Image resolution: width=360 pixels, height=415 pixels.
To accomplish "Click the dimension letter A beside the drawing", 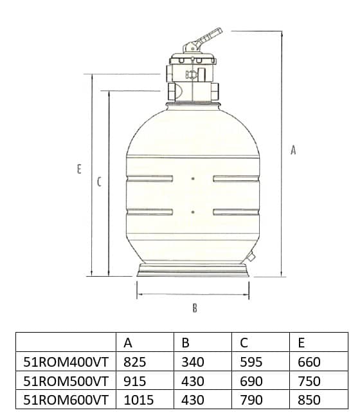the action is [293, 150].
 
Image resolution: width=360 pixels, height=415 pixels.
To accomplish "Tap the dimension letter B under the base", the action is [195, 308].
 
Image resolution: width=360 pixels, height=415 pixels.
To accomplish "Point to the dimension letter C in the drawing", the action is [99, 182].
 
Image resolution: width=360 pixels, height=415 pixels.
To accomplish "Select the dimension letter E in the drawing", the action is [79, 169].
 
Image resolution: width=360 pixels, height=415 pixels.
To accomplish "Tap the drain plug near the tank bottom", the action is [250, 256].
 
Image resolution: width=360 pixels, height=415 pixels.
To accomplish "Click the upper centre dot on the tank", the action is [193, 179].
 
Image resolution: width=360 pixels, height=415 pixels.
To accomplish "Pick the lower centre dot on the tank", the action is [193, 212].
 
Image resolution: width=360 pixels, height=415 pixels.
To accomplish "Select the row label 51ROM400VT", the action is [66, 362].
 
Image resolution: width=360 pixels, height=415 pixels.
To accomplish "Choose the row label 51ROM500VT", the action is [66, 381].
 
